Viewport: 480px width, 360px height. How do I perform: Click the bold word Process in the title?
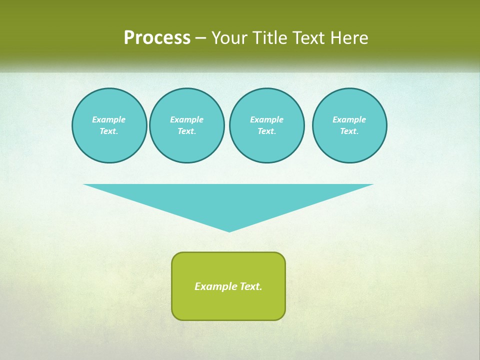(157, 37)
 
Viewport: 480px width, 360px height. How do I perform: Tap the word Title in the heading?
(272, 38)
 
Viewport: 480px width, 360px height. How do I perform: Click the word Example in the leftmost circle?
(109, 119)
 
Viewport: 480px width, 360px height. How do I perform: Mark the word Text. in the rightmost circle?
(349, 131)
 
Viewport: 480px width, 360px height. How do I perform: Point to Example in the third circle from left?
(267, 119)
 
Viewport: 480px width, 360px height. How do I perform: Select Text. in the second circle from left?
(187, 131)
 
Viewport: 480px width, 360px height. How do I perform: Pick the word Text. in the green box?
(251, 286)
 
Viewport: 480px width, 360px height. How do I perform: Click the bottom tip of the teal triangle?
(229, 231)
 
